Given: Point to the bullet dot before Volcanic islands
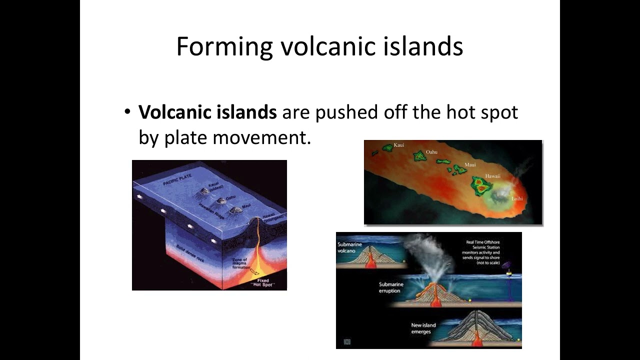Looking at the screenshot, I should pyautogui.click(x=127, y=111).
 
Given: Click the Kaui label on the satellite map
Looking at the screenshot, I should pyautogui.click(x=399, y=145).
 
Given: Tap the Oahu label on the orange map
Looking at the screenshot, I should pyautogui.click(x=431, y=152).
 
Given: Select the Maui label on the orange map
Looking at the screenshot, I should pyautogui.click(x=470, y=164).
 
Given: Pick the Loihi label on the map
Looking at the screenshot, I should pyautogui.click(x=516, y=198).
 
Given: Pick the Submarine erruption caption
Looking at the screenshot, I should pyautogui.click(x=391, y=287).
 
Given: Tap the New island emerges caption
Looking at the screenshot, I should pyautogui.click(x=423, y=328).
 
